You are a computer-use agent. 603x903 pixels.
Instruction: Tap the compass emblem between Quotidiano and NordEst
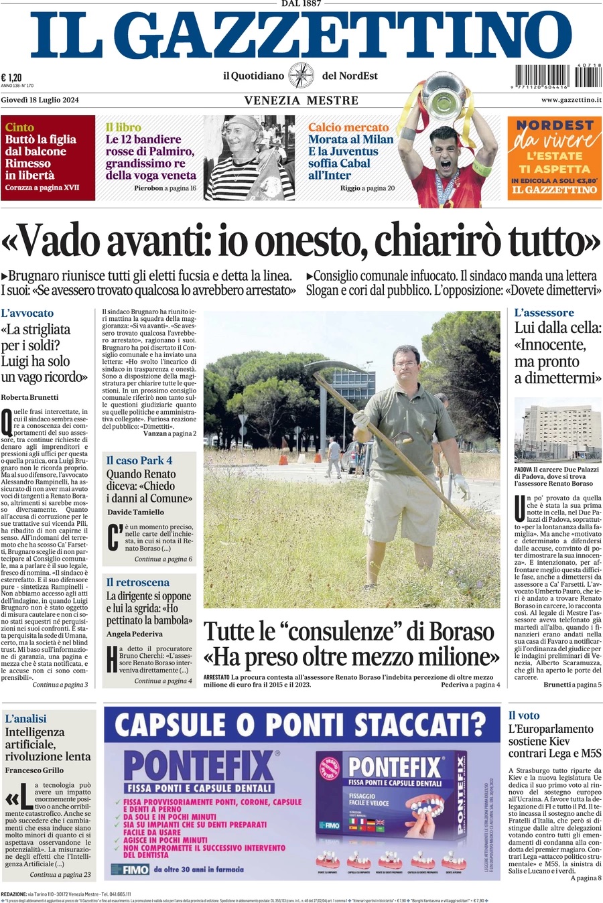point(301,76)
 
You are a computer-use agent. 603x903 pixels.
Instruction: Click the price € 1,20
point(11,77)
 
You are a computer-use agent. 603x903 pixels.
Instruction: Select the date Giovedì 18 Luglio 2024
point(40,100)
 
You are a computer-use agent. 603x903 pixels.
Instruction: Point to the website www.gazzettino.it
point(571,100)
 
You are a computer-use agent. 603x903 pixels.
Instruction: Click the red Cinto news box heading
point(19,127)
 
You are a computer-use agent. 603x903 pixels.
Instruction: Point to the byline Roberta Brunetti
point(29,397)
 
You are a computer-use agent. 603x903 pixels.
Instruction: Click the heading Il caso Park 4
point(139,460)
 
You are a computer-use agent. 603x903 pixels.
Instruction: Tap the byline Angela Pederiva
point(135,634)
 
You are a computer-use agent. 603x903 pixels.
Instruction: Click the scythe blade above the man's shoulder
point(335,369)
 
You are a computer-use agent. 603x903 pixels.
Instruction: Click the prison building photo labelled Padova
point(557,429)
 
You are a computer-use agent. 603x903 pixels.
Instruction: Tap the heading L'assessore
point(544,313)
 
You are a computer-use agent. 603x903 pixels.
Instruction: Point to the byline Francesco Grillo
point(34,770)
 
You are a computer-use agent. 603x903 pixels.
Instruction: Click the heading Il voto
point(524,715)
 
